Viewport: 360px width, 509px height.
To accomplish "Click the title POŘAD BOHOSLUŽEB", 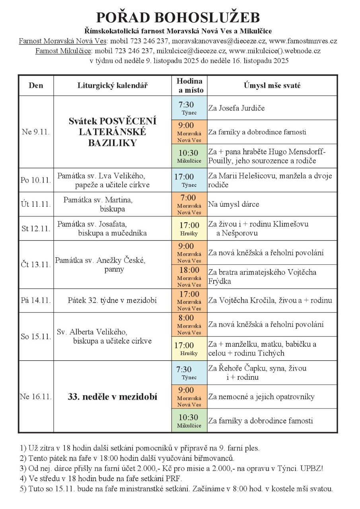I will point(178,17).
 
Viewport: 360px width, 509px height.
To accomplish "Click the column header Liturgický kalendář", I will point(112,85).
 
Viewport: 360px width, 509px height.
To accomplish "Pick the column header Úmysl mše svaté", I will point(272,85).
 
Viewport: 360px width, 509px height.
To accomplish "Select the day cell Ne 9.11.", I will point(36,132).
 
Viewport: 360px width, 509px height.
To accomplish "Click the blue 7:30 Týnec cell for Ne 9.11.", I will point(189,108).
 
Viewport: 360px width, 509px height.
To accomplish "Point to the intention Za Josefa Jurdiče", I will point(236,108).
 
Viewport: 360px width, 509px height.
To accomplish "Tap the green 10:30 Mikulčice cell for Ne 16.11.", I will point(189,421).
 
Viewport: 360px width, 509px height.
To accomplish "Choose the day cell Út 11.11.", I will point(36,204).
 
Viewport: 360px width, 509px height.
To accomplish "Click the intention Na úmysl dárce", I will point(234,204).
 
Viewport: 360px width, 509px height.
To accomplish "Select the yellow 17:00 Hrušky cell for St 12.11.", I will point(189,229).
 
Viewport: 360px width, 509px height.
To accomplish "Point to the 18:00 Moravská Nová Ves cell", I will point(189,276).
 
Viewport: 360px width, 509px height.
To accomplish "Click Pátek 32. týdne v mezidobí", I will point(112,300).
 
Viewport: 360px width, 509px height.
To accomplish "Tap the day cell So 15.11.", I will point(36,336).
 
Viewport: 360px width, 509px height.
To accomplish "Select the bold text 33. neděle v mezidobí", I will point(112,396).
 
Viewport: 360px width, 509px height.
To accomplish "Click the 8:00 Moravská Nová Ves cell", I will point(189,324).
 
